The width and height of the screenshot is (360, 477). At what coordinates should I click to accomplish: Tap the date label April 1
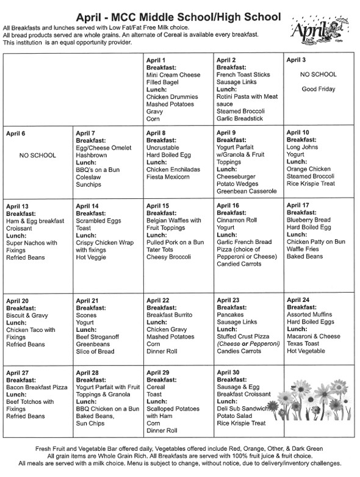click(157, 60)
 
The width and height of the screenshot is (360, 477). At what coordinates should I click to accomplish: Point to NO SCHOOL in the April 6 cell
click(38, 155)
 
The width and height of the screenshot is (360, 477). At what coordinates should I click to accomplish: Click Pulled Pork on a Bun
click(175, 243)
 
